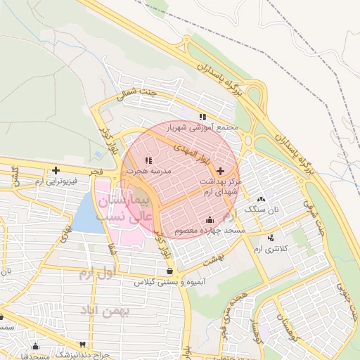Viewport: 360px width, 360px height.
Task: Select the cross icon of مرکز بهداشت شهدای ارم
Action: [x=220, y=171]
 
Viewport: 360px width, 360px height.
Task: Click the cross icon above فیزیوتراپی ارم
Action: [x=55, y=170]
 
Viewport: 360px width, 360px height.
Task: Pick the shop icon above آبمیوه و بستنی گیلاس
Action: [x=169, y=271]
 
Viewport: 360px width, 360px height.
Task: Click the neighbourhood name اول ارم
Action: [x=96, y=271]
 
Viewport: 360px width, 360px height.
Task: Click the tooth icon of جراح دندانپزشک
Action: [x=82, y=345]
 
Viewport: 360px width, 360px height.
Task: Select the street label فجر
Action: [x=96, y=171]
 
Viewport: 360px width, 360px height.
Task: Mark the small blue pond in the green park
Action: [x=97, y=154]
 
